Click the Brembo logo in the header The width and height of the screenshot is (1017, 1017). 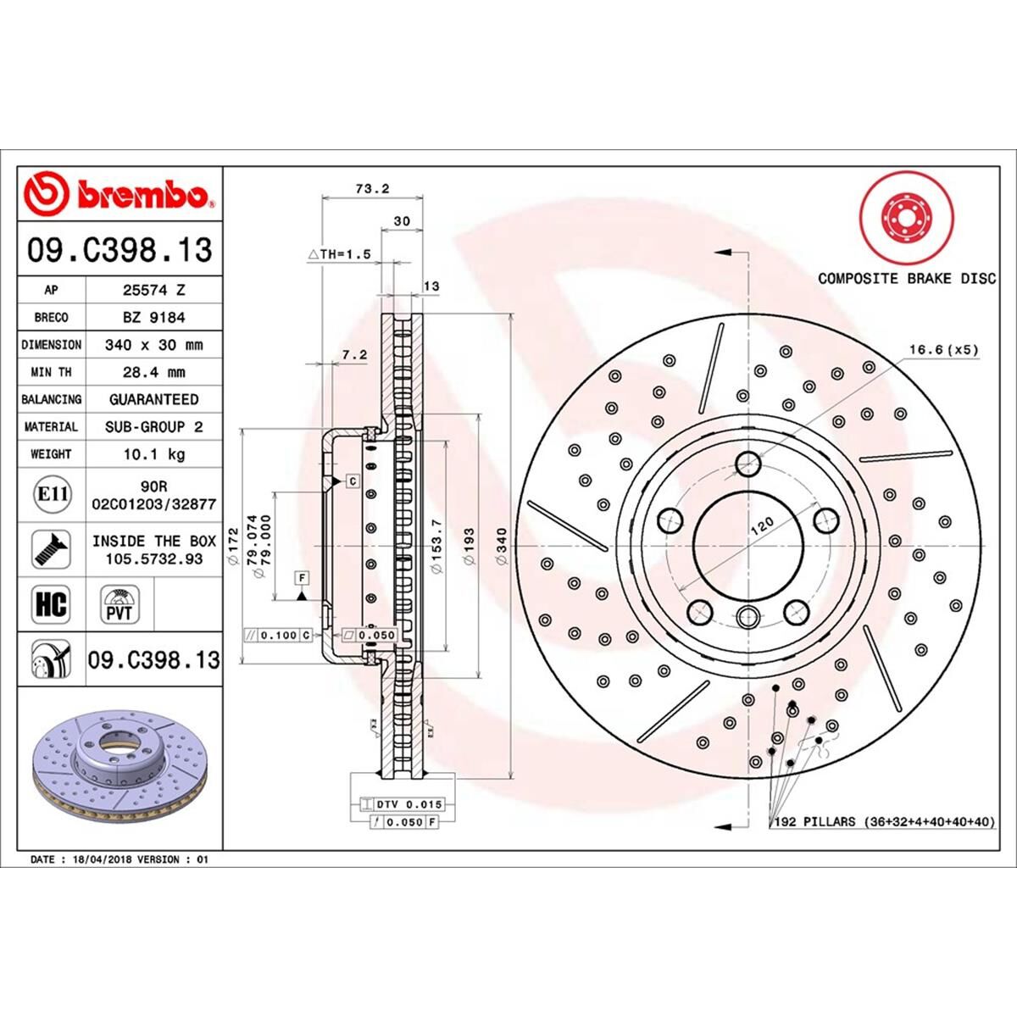[119, 194]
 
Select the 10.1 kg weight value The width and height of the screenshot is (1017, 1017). [153, 454]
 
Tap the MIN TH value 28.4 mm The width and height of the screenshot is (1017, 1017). [153, 372]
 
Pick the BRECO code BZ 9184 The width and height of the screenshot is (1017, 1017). [153, 317]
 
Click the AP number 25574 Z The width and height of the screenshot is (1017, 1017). [153, 290]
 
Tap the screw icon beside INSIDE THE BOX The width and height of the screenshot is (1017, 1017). [51, 548]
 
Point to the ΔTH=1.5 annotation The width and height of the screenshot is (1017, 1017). [339, 253]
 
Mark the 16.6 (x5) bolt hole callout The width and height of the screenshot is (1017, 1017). [943, 349]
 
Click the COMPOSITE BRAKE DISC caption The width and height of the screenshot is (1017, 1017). [907, 278]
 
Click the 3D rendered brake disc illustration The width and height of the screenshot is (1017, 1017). [119, 770]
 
